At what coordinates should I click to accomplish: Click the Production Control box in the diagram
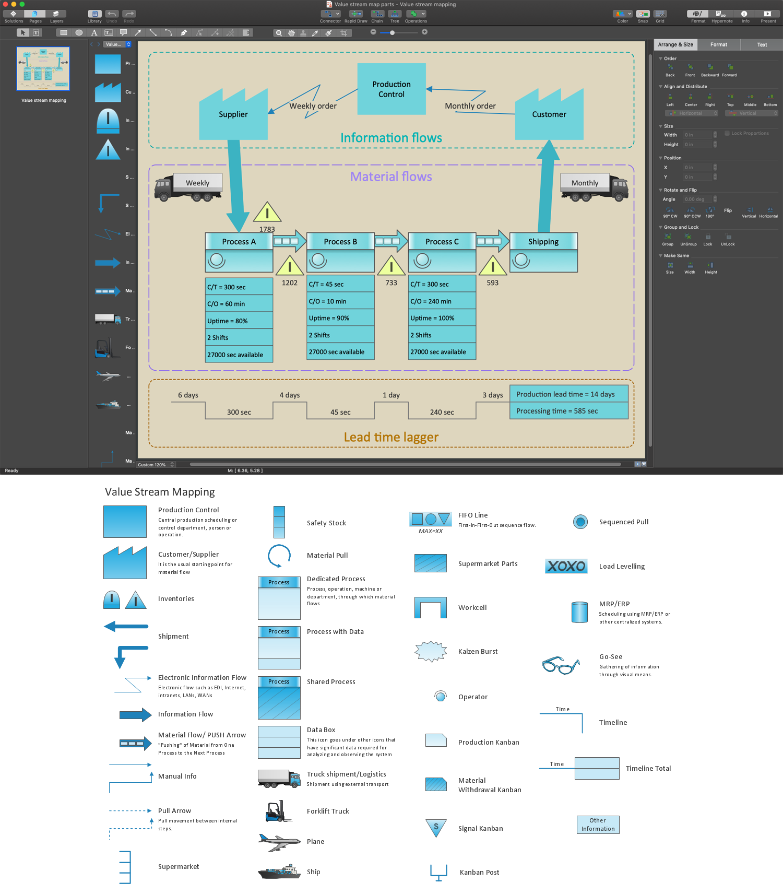391,89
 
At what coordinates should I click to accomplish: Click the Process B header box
340,241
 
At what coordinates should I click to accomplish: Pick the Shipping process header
543,241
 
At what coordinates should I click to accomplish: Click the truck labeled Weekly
189,187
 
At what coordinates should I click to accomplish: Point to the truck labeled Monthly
594,187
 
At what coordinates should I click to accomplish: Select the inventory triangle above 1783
267,213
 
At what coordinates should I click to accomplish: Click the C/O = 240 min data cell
442,301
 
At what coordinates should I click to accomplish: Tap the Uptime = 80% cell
239,321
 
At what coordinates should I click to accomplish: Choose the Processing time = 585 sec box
568,411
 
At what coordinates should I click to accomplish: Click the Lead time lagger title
391,437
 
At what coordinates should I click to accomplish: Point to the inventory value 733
391,283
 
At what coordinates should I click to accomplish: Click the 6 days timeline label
188,395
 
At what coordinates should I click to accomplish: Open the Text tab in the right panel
762,45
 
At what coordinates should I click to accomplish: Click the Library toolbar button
94,16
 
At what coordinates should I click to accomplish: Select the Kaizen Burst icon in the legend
431,651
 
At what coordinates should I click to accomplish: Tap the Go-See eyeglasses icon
561,665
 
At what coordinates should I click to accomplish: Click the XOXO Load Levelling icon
566,566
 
